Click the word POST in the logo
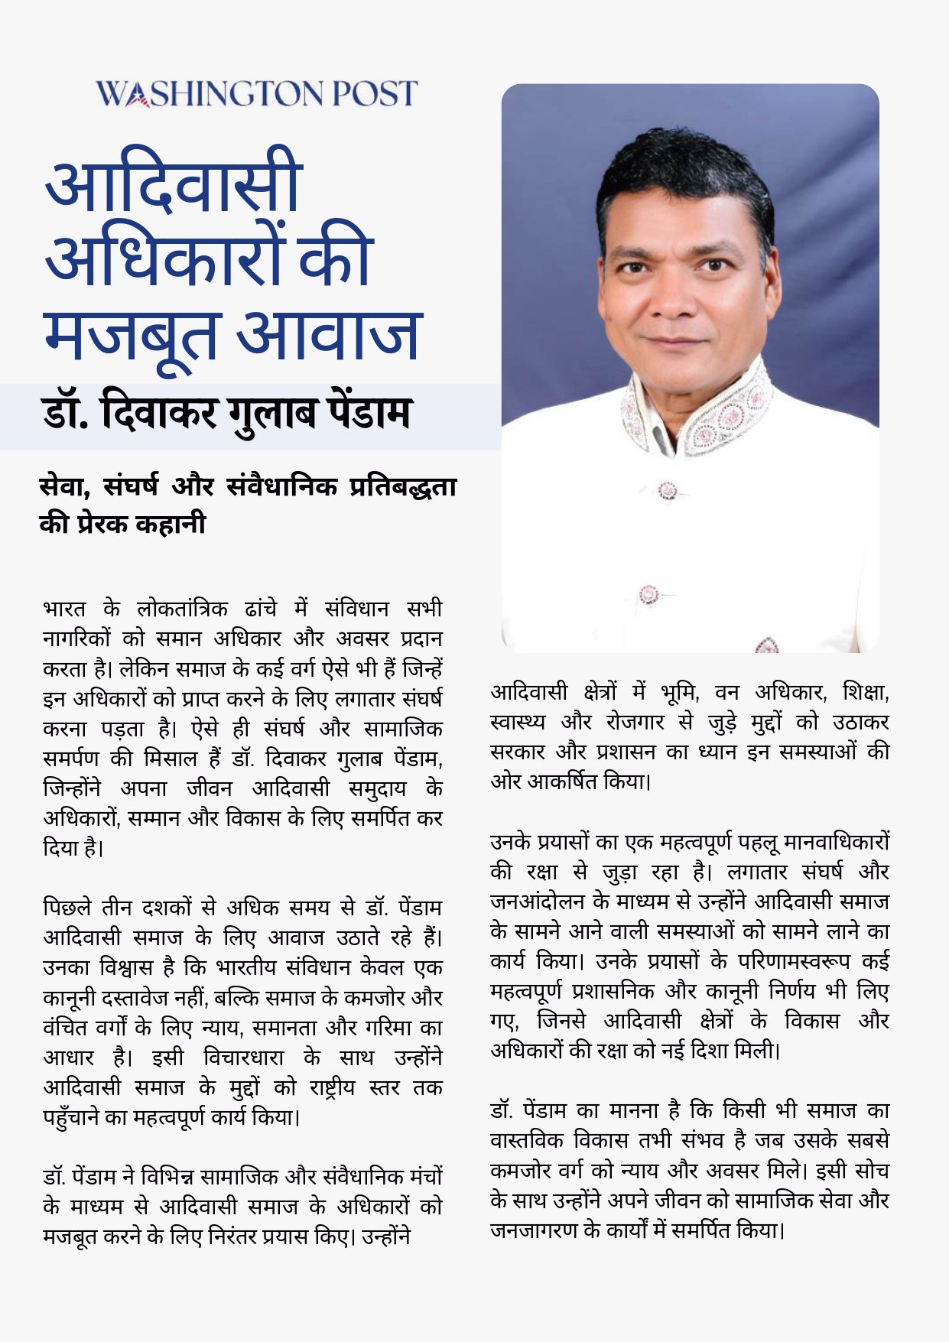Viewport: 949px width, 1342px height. click(x=375, y=93)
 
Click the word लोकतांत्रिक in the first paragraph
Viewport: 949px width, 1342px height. click(x=182, y=609)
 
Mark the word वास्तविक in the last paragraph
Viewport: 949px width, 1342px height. click(x=528, y=1140)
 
